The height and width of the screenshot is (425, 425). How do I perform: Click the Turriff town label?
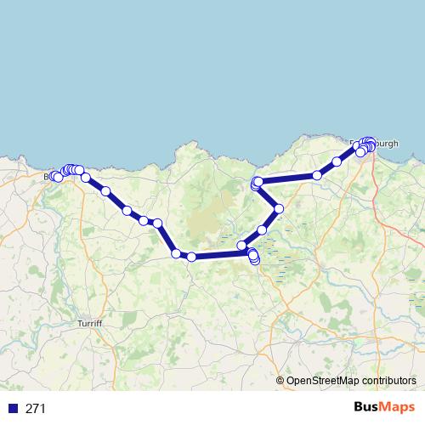(89, 325)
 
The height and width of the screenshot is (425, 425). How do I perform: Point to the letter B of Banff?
(47, 177)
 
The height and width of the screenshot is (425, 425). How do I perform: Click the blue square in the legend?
(14, 409)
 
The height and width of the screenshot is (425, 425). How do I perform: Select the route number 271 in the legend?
(35, 409)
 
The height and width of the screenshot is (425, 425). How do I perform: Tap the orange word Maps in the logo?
(397, 407)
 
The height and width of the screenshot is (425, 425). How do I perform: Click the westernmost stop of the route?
(54, 176)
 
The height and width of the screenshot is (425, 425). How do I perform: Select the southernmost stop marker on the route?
(255, 260)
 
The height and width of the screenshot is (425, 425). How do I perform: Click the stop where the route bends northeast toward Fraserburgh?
(317, 175)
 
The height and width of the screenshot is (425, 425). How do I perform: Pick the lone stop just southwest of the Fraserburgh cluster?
(337, 161)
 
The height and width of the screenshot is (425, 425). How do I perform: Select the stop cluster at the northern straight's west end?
(257, 182)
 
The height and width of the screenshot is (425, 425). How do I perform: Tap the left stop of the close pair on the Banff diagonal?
(144, 220)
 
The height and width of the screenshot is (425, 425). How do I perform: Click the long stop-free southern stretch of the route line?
(217, 254)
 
